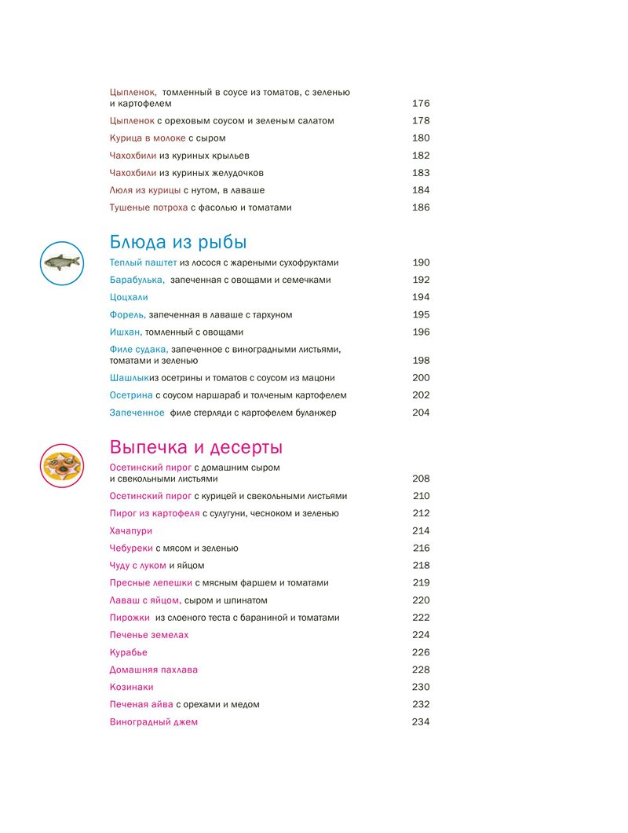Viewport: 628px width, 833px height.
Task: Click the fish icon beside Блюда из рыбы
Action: tap(61, 262)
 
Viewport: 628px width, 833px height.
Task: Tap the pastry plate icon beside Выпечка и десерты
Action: tap(61, 464)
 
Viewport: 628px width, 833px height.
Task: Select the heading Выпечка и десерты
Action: tap(196, 447)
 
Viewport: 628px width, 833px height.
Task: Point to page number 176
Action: tap(421, 104)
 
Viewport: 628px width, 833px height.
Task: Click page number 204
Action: tap(421, 413)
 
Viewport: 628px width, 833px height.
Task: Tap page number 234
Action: tap(421, 722)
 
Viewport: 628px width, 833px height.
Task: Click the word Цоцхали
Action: tap(129, 298)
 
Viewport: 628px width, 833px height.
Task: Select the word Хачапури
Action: tap(131, 530)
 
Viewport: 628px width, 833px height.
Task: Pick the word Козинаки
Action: tap(131, 687)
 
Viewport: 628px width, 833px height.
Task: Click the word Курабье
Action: tap(129, 652)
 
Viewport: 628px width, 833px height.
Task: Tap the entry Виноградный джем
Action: tap(154, 722)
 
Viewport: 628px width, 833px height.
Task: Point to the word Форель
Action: tap(127, 315)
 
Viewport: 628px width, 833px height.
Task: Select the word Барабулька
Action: tap(137, 280)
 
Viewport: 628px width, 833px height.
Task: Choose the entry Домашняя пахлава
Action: tap(154, 670)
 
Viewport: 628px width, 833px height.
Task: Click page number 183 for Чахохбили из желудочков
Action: tap(421, 173)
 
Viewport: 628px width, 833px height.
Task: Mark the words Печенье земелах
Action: tap(149, 635)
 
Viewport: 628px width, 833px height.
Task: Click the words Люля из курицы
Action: tap(145, 190)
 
